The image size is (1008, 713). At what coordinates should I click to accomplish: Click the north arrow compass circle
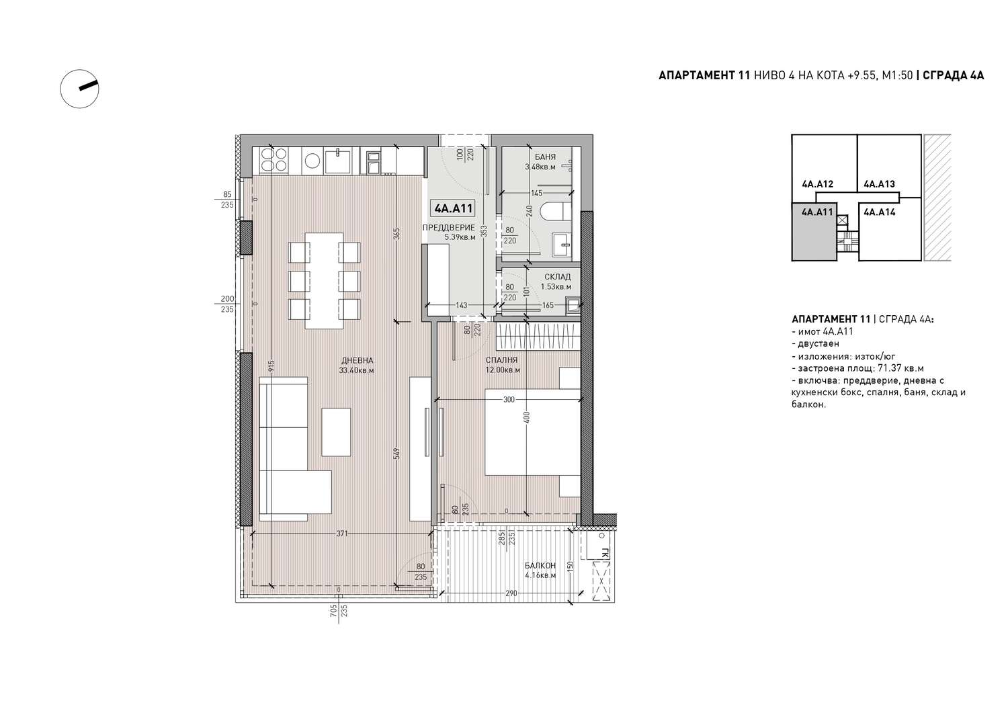79,70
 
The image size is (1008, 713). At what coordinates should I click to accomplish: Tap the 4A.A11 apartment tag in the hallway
453,208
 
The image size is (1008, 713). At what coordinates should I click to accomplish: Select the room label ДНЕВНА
358,361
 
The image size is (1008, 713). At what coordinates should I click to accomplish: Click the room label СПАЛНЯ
502,360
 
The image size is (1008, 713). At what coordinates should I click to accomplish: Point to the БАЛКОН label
540,565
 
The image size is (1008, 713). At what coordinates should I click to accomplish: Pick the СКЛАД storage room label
557,277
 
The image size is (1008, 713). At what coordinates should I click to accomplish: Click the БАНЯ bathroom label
546,157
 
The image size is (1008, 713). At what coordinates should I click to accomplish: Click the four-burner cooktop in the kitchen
274,160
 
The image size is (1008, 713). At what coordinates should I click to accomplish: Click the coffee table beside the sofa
336,432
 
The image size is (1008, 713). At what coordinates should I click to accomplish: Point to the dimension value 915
271,366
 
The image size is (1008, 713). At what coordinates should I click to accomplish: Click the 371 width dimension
342,534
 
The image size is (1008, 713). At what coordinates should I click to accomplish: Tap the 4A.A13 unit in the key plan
879,184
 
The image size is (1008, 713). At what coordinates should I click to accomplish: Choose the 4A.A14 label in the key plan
879,212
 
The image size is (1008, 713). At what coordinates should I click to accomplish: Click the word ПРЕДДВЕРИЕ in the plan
449,228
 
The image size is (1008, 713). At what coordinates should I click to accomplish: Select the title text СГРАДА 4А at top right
953,75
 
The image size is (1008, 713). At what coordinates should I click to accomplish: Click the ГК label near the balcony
605,553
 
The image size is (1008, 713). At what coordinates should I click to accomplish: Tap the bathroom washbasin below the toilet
562,244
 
